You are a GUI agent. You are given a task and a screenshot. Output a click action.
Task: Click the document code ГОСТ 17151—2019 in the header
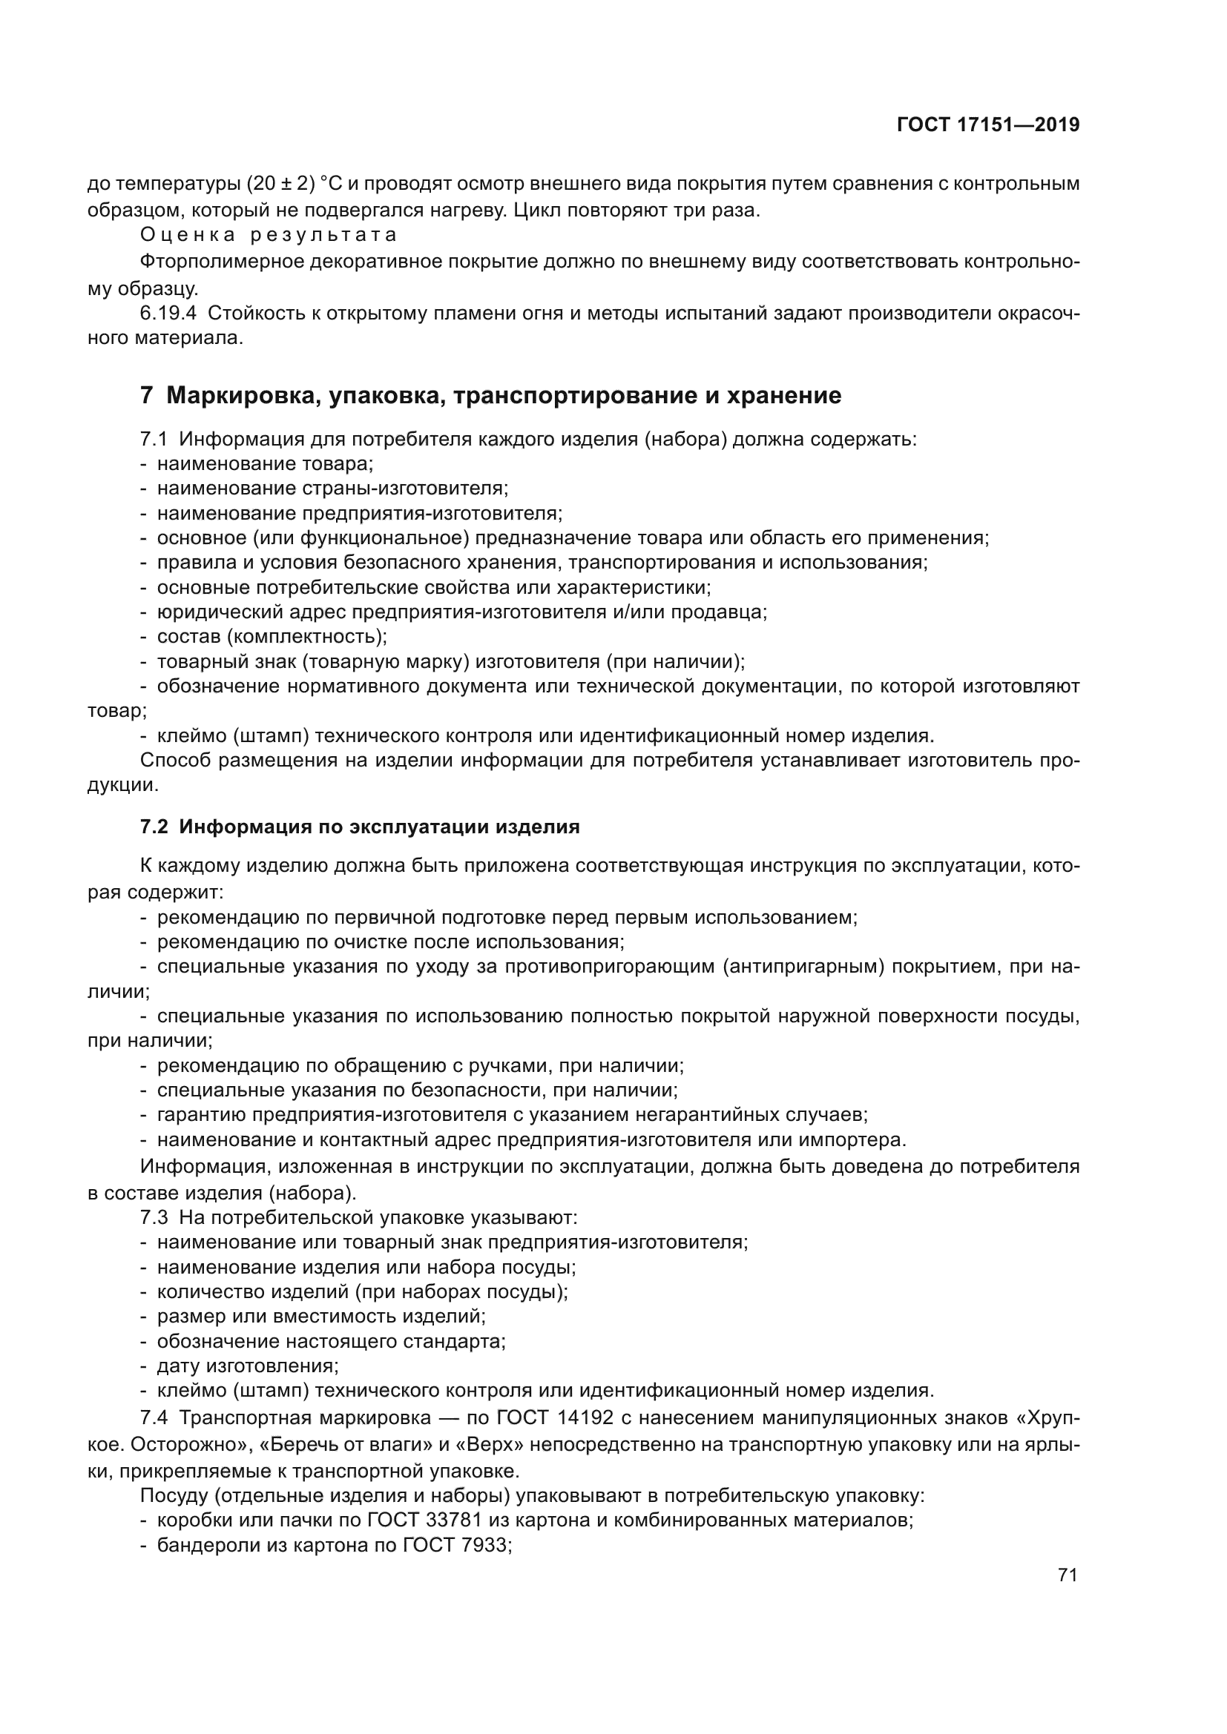(987, 125)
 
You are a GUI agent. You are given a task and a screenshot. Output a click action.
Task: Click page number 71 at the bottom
(1067, 1575)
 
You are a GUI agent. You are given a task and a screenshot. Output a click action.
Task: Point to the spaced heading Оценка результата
(269, 235)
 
